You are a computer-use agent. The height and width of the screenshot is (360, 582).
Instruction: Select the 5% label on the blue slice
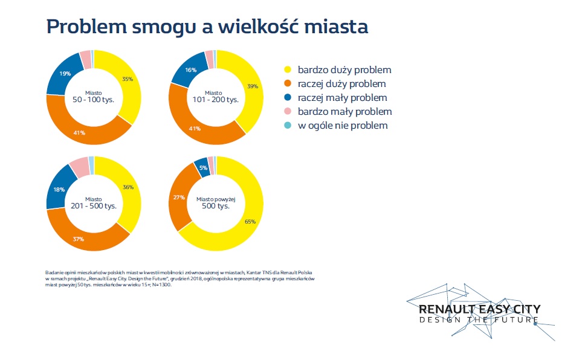(204, 168)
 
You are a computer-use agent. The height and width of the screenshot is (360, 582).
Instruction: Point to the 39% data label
(253, 87)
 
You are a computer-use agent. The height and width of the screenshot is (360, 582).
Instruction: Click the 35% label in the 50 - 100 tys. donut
(128, 79)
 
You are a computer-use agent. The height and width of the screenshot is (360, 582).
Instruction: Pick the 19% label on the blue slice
(64, 74)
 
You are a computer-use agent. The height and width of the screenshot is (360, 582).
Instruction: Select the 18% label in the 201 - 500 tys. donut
(60, 190)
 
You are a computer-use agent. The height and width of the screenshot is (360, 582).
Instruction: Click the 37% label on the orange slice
(79, 239)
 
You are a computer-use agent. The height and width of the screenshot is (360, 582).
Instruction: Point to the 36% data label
(128, 187)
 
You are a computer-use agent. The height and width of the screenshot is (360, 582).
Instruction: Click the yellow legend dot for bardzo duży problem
(287, 70)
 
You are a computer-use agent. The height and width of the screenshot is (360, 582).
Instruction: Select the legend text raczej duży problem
(341, 84)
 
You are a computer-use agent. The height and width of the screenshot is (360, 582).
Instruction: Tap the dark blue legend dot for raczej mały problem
(287, 98)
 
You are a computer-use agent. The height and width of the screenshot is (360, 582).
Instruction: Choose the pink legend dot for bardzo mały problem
(287, 112)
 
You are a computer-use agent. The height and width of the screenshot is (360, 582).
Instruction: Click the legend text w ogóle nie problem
(342, 126)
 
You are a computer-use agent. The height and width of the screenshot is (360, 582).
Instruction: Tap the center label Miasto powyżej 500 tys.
(216, 203)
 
